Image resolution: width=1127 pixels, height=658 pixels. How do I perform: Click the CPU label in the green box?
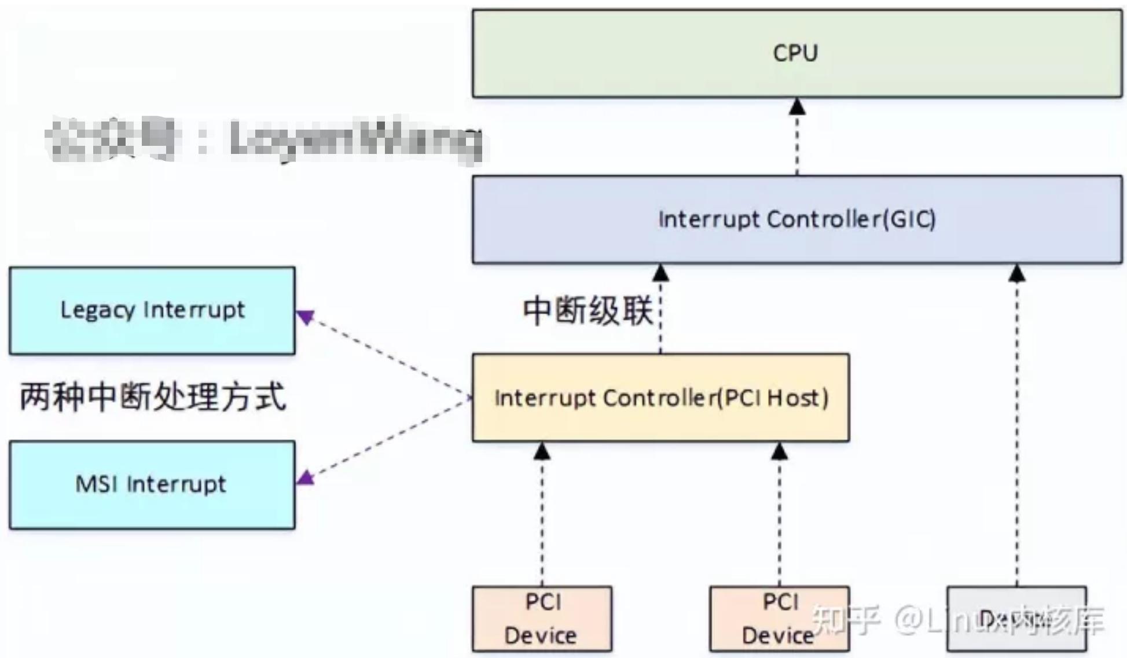click(x=795, y=53)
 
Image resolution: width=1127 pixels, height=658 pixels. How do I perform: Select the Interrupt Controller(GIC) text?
click(x=796, y=219)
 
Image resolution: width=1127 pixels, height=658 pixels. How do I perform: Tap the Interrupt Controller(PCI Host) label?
click(x=661, y=398)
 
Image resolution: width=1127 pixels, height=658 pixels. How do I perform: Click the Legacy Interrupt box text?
click(x=152, y=310)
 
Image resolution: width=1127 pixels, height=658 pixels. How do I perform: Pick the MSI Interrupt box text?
click(x=150, y=484)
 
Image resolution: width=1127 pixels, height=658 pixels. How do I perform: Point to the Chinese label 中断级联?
click(x=588, y=311)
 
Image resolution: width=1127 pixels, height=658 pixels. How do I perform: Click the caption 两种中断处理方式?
click(x=153, y=397)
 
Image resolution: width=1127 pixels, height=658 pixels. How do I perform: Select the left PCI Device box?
click(x=542, y=619)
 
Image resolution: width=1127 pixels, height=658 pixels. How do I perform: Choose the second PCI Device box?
click(x=779, y=619)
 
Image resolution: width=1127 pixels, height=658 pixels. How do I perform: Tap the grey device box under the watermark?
click(x=1016, y=619)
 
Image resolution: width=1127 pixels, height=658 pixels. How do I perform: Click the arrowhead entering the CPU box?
click(x=797, y=106)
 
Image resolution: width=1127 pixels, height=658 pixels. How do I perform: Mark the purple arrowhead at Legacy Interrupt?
click(x=304, y=317)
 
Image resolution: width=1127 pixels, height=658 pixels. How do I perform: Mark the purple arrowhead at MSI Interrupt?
click(x=306, y=477)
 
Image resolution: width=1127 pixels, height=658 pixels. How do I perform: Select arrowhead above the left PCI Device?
click(x=542, y=451)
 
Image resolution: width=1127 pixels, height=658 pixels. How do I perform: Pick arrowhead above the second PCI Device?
click(x=779, y=451)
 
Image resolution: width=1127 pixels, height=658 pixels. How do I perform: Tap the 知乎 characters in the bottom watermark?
click(x=846, y=620)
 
